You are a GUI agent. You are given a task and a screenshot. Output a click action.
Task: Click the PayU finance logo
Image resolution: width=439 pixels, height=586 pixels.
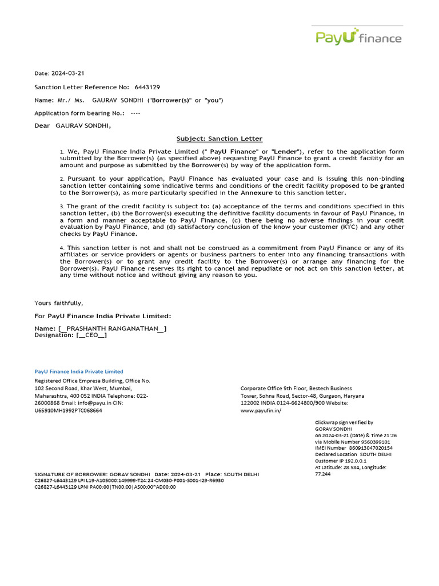point(358,37)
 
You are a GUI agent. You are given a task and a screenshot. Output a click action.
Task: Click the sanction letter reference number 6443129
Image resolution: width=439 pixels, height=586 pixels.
point(147,87)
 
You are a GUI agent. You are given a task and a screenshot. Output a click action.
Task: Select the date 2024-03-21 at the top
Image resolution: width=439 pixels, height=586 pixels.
point(68,73)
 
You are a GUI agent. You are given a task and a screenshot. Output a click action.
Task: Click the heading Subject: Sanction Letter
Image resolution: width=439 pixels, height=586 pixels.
point(219,138)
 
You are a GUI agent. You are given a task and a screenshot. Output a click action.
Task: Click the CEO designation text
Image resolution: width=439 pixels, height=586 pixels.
point(91,335)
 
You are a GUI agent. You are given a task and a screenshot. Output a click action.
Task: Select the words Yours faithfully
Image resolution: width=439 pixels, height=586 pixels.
point(58,303)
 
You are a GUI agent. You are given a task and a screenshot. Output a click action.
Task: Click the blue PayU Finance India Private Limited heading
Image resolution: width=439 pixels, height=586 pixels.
point(79,371)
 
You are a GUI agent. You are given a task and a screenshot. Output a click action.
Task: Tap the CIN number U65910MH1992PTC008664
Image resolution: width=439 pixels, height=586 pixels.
point(69,410)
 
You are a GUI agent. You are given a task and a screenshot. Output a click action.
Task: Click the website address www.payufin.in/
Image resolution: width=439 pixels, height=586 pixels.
point(261,410)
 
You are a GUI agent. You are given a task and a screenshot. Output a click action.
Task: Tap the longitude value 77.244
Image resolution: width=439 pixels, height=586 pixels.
point(323,474)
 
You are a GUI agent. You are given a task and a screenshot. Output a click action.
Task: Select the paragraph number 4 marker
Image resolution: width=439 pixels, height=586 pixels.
point(62,248)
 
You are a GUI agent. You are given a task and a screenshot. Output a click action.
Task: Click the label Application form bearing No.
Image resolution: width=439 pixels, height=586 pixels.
point(71,113)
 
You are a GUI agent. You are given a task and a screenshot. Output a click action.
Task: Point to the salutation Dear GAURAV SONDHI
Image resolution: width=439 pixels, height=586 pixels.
point(73,125)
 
